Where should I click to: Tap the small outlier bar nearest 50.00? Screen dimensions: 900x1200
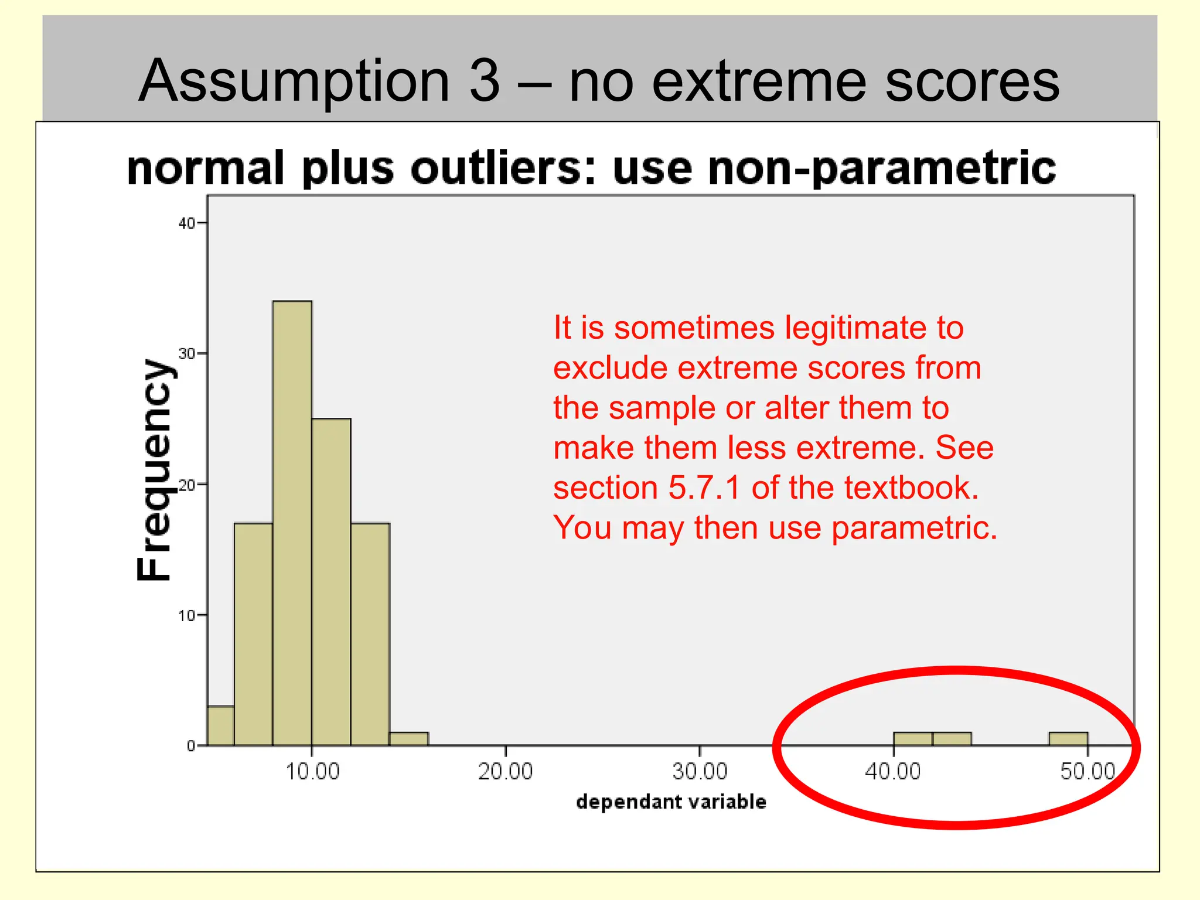click(x=1068, y=739)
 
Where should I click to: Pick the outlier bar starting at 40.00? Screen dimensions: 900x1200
click(x=912, y=739)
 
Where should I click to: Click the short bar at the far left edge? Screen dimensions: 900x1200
click(x=221, y=725)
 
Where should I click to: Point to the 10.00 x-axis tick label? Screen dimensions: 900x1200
click(x=312, y=772)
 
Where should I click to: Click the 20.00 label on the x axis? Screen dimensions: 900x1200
click(x=505, y=772)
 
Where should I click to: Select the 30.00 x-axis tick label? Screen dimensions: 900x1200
click(x=700, y=772)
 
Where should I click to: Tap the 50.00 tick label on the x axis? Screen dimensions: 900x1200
click(x=1087, y=772)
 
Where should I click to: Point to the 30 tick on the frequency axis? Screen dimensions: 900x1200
click(x=186, y=354)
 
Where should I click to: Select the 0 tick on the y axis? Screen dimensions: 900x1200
click(x=191, y=746)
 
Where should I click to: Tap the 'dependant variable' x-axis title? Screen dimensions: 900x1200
click(x=671, y=802)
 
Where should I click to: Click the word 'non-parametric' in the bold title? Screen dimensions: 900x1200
click(x=882, y=168)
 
